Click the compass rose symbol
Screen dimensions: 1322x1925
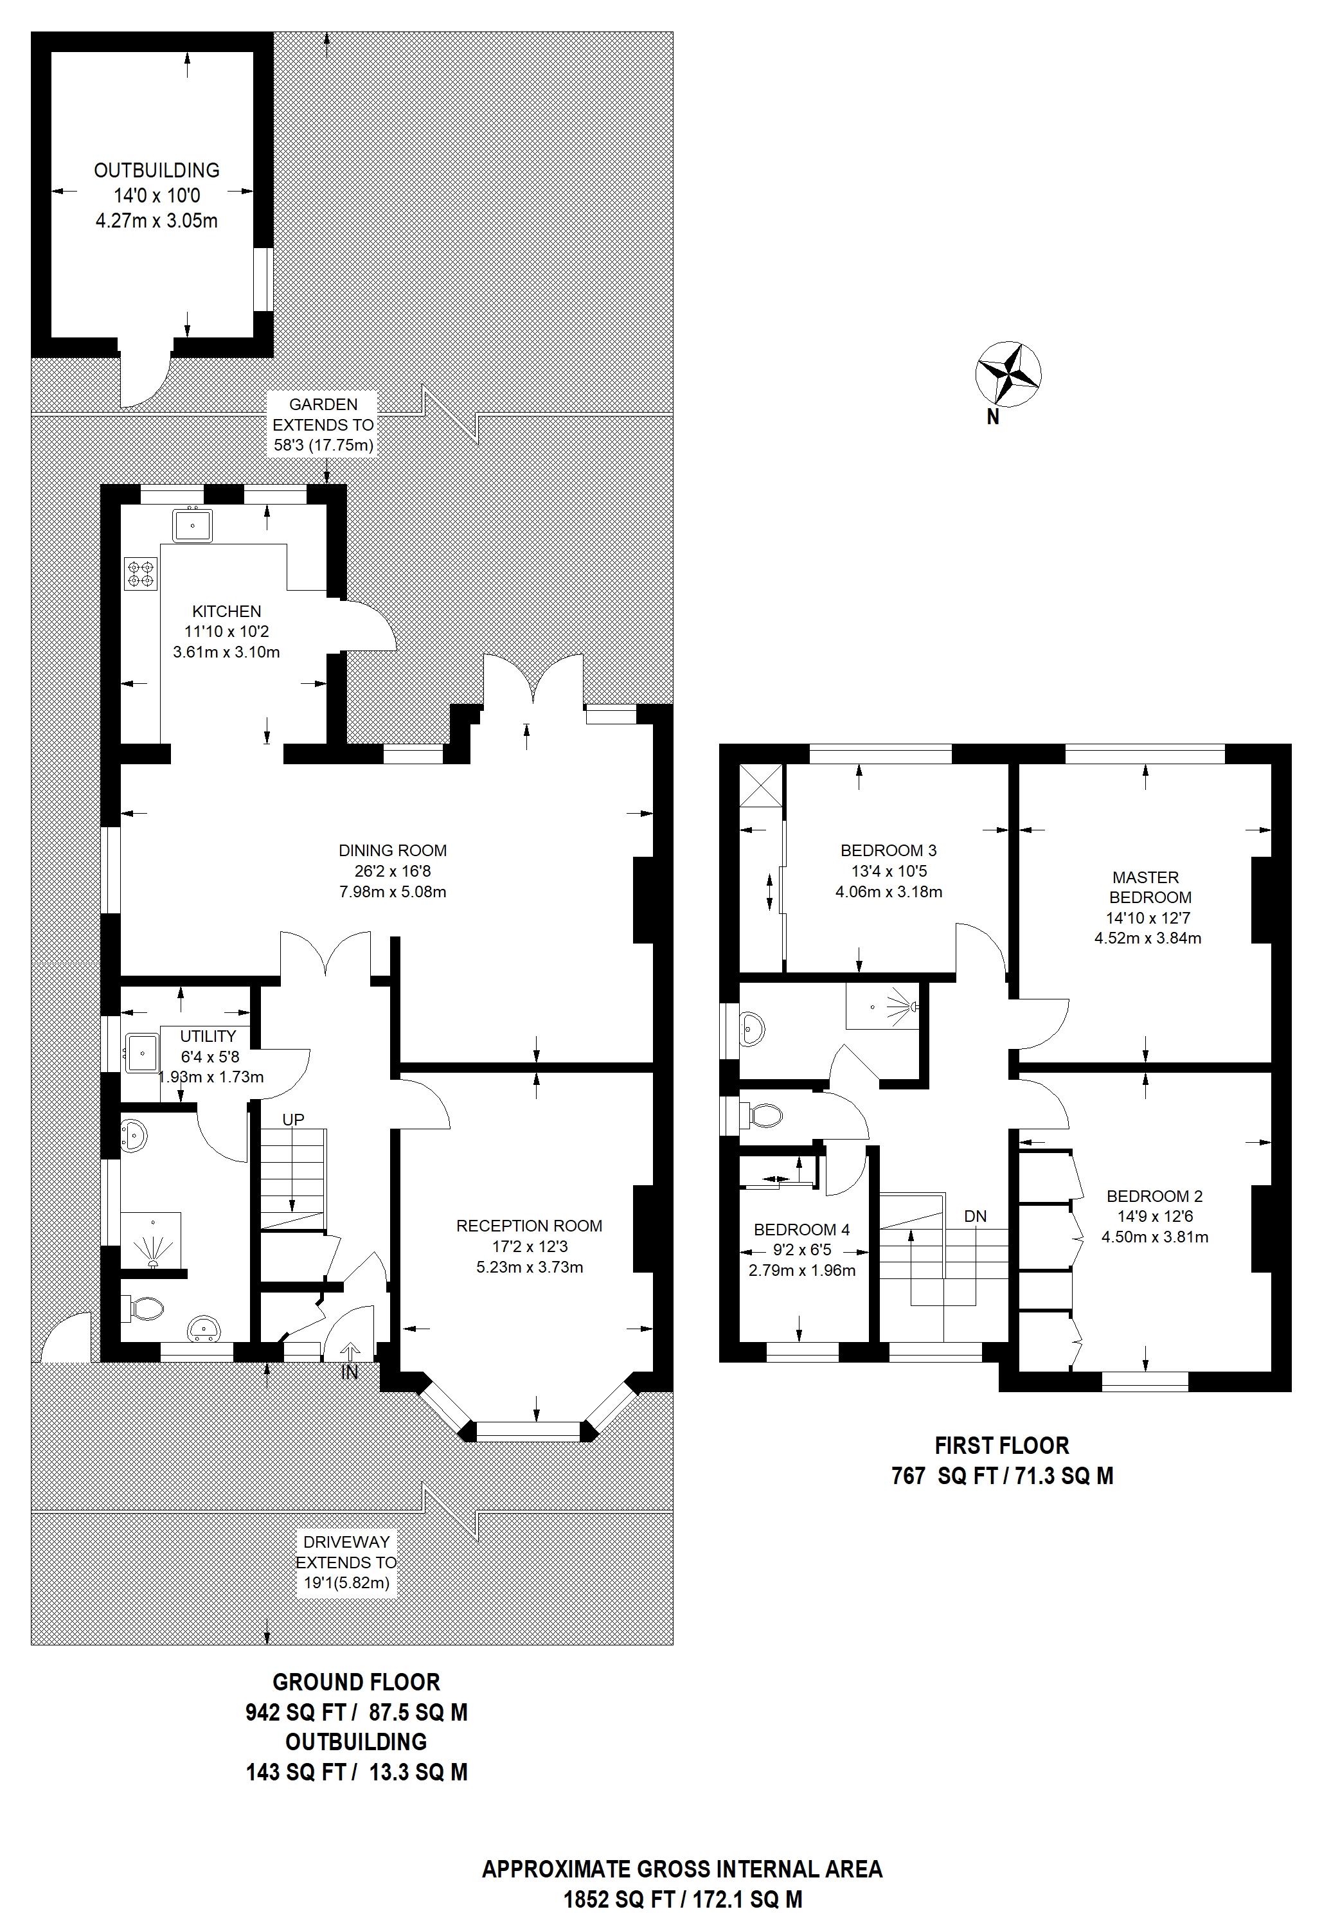pos(1008,375)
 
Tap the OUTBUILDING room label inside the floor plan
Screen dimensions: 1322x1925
pos(157,170)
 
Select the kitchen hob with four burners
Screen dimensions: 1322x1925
pos(141,574)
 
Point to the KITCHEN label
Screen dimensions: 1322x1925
pos(226,611)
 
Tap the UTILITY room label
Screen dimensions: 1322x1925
pos(208,1035)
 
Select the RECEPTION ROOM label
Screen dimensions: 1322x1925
pos(530,1225)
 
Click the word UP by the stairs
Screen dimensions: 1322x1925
pos(293,1119)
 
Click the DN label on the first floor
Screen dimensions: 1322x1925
pos(975,1216)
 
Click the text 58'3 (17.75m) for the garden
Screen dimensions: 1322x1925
pos(324,445)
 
